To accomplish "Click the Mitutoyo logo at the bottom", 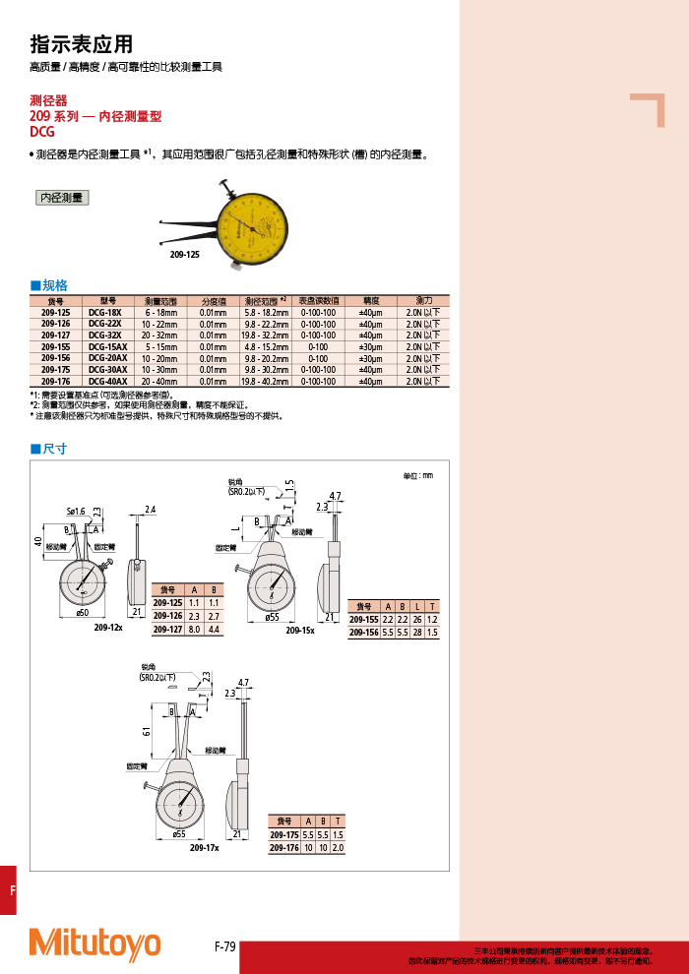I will (94, 944).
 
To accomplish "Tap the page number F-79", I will (224, 946).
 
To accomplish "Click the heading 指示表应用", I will (81, 44).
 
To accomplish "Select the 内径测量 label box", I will (62, 198).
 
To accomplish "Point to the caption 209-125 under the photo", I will (184, 254).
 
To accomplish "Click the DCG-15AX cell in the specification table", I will (107, 346).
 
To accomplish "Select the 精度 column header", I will (370, 301).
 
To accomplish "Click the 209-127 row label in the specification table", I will (55, 335).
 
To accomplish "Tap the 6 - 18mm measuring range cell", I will (159, 312).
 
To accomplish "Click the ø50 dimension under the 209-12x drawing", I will (83, 613).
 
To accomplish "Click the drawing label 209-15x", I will (299, 630).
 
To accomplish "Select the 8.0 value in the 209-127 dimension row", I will (194, 628).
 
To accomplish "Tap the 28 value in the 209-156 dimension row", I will (417, 633).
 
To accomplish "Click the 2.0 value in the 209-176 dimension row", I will (338, 847).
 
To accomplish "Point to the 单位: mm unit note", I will (417, 476).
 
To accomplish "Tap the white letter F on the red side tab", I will (13, 890).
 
